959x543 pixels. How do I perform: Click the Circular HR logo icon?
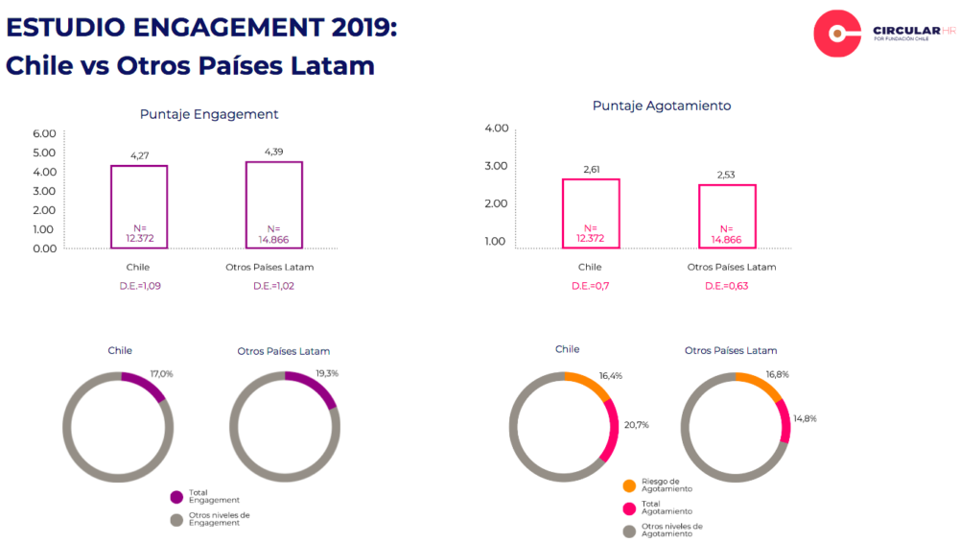pos(837,35)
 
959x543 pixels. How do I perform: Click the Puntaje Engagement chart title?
pos(209,114)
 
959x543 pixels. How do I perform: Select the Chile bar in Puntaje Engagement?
pos(139,207)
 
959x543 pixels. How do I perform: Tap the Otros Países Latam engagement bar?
pos(274,205)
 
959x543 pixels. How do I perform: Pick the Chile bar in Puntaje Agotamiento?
pos(590,214)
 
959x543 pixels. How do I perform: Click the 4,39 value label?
pos(274,152)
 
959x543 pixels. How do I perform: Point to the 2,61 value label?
pos(590,170)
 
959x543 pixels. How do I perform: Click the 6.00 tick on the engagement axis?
pos(44,133)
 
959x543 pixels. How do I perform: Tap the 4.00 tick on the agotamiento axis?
pos(496,128)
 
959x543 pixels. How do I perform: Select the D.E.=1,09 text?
pos(139,286)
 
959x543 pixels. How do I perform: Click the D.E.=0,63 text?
pos(726,286)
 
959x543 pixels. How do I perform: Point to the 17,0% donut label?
pos(162,374)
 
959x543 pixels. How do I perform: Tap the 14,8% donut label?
pos(804,418)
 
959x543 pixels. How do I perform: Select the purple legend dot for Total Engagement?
pos(176,497)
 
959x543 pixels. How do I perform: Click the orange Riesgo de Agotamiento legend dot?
pos(629,485)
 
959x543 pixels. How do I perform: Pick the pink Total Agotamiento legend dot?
pos(629,508)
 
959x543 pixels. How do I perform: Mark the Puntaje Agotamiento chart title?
pos(662,106)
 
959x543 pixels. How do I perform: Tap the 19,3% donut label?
pos(327,372)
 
